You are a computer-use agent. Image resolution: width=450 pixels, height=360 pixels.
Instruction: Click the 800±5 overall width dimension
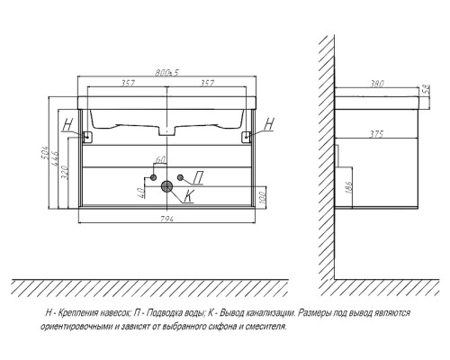166,73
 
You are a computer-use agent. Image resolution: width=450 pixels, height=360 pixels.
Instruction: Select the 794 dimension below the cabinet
167,219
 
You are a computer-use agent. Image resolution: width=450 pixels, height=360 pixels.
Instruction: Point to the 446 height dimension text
55,159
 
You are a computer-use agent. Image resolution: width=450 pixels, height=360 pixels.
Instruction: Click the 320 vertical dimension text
66,172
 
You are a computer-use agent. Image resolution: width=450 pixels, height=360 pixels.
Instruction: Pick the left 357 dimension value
128,83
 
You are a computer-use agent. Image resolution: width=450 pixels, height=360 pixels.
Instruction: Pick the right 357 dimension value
207,83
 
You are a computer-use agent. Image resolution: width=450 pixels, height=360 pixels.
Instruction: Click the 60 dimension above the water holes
160,160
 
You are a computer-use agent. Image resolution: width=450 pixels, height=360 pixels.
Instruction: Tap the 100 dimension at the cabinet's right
262,197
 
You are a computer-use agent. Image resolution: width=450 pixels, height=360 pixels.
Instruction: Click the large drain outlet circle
166,186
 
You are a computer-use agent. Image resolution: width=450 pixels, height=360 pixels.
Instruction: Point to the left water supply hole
153,177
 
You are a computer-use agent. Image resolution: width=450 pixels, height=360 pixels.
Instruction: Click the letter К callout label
189,196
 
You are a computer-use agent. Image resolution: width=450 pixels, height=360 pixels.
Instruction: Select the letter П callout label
198,177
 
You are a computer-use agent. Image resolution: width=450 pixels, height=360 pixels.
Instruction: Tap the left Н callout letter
68,124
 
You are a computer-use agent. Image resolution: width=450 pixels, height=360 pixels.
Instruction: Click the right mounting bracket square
247,137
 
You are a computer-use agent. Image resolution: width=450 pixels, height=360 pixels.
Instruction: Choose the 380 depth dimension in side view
376,84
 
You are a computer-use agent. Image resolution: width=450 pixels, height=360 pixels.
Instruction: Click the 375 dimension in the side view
376,134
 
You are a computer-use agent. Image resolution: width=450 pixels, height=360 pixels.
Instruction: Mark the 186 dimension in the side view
349,187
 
